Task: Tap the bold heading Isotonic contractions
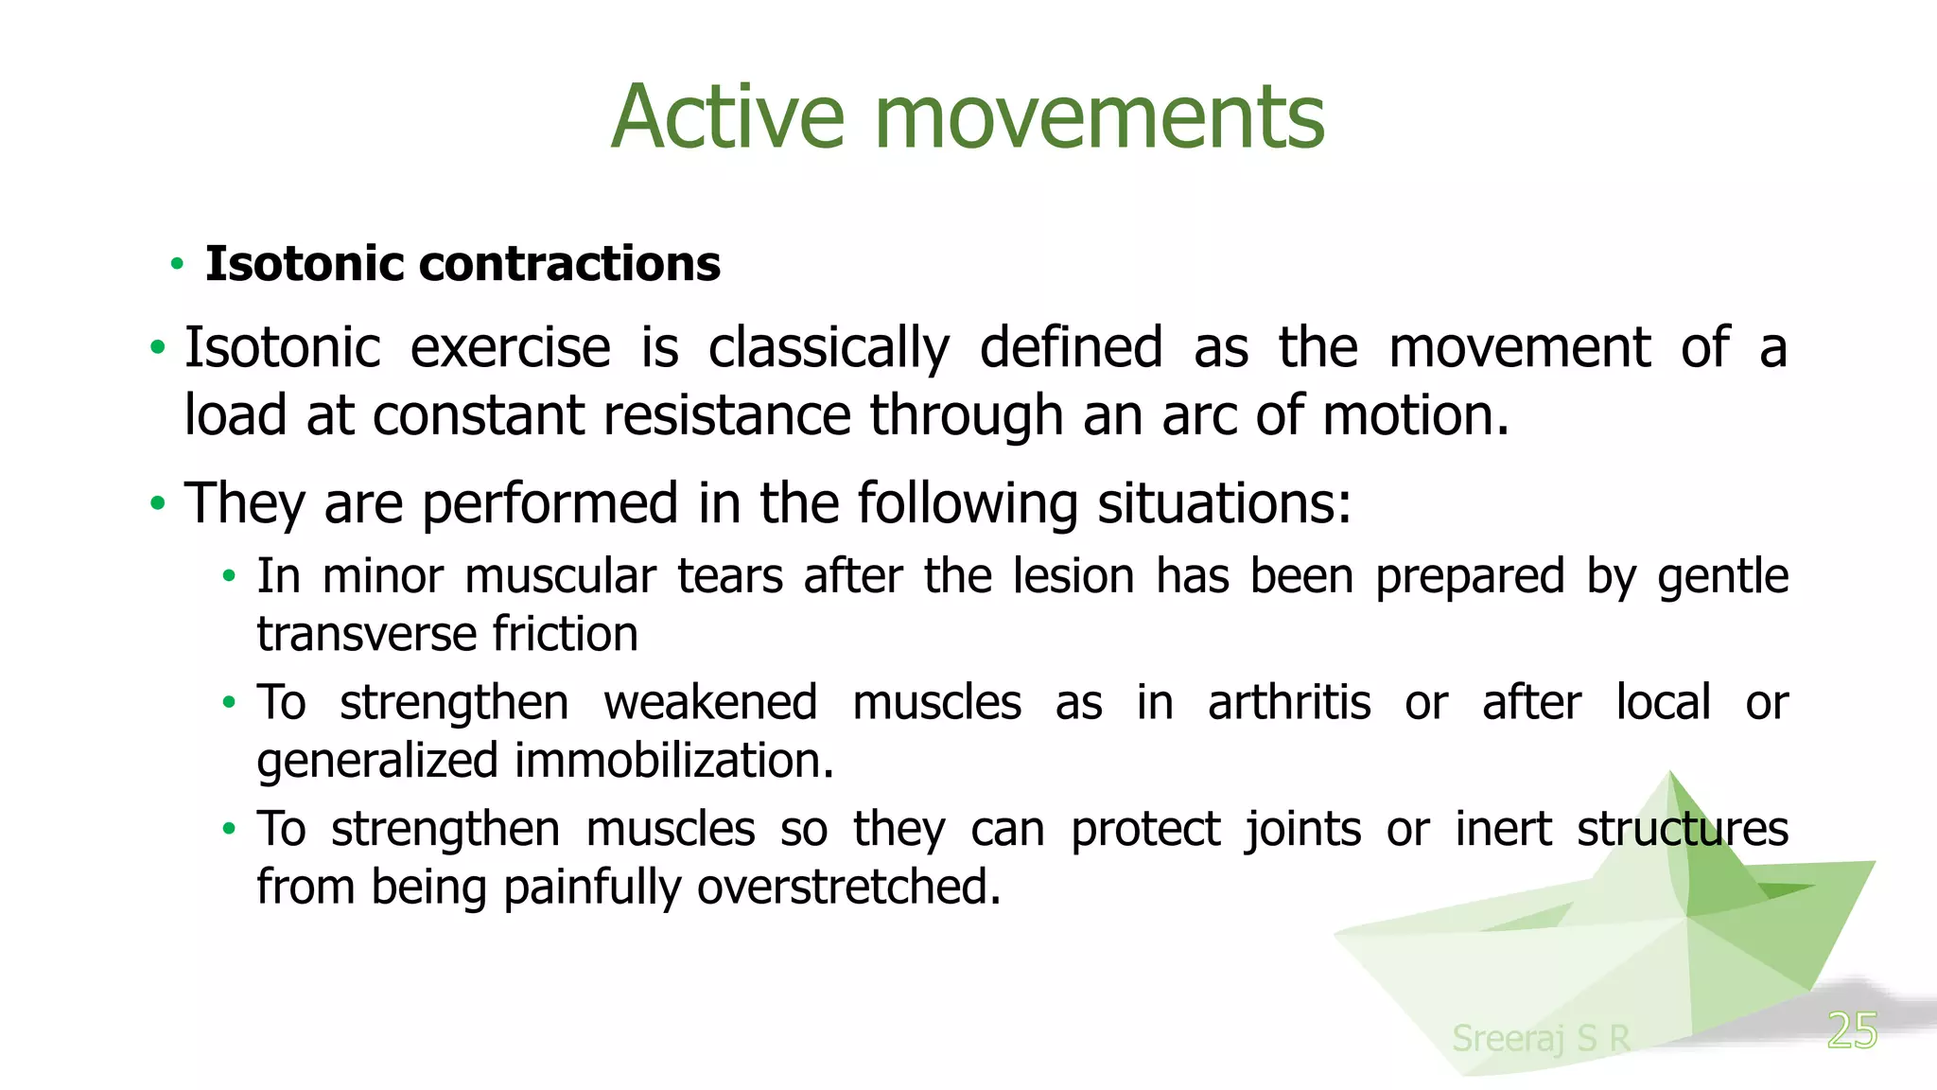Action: pyautogui.click(x=462, y=263)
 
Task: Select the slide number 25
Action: pyautogui.click(x=1851, y=1030)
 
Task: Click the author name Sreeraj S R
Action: pyautogui.click(x=1541, y=1038)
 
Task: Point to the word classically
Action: pyautogui.click(x=829, y=348)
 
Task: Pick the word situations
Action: pyautogui.click(x=1223, y=502)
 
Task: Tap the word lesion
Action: pyautogui.click(x=1073, y=576)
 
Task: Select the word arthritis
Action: pyautogui.click(x=1288, y=703)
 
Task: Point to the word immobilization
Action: pyautogui.click(x=673, y=761)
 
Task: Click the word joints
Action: pyautogui.click(x=1302, y=830)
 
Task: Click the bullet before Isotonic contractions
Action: pyautogui.click(x=177, y=264)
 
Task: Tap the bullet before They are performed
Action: pyautogui.click(x=157, y=503)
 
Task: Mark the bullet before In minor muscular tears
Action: pyautogui.click(x=228, y=576)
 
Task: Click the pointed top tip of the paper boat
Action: pyautogui.click(x=1670, y=773)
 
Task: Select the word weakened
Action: pyautogui.click(x=710, y=703)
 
